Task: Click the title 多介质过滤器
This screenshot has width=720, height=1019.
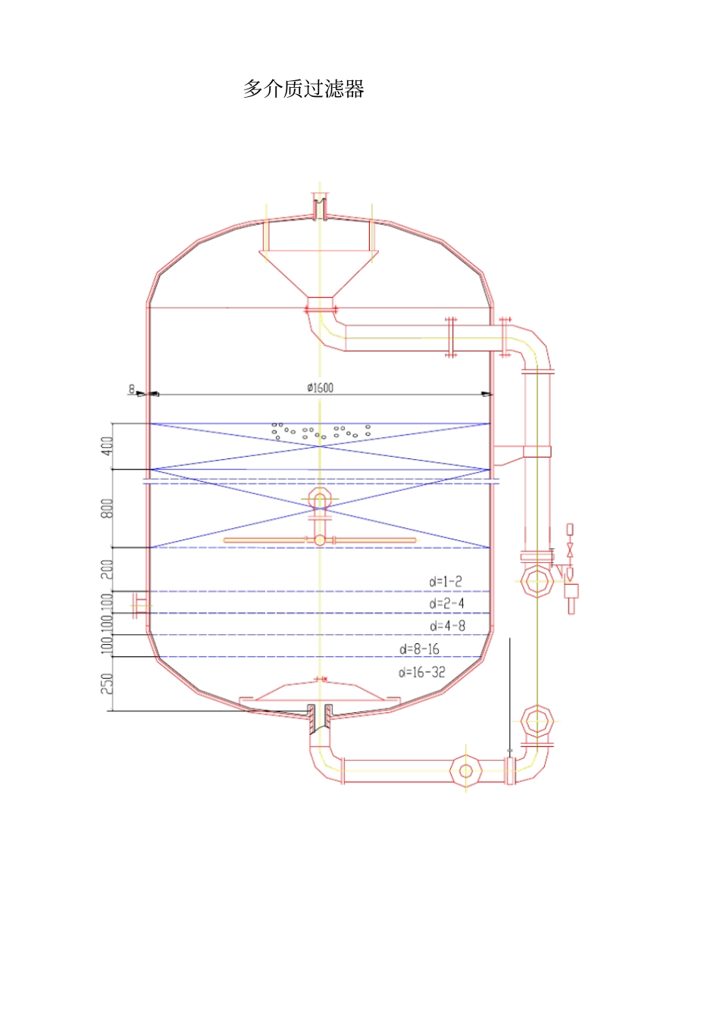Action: [x=304, y=89]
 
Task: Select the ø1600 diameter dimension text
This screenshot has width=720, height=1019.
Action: [x=320, y=388]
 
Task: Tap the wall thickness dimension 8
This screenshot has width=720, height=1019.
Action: [x=132, y=389]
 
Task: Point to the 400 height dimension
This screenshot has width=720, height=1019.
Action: [x=107, y=446]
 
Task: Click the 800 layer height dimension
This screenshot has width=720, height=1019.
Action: [x=107, y=508]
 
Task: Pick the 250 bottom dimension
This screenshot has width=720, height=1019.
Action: [x=107, y=683]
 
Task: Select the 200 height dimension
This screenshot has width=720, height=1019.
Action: [x=107, y=569]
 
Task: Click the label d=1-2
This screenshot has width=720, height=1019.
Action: [x=446, y=581]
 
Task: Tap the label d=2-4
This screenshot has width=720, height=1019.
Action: [x=447, y=604]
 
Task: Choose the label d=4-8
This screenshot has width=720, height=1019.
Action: [x=447, y=626]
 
